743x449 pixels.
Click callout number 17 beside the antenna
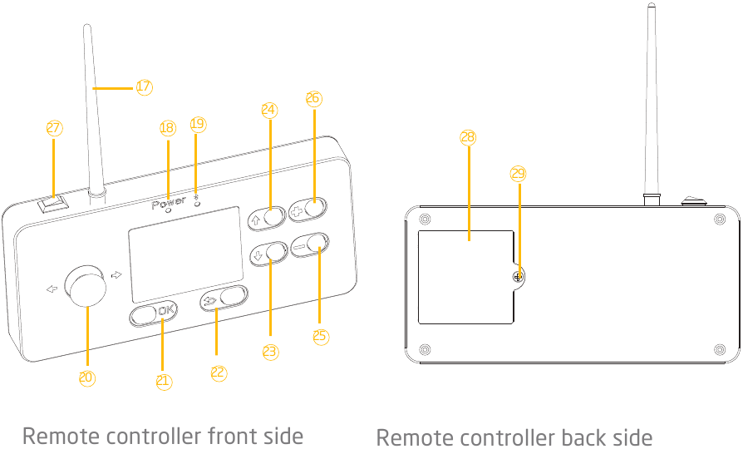coord(144,86)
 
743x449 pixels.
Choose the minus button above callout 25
coord(310,245)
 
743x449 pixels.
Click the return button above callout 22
coord(225,298)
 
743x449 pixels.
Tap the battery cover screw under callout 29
coord(518,276)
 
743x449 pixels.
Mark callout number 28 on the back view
coord(467,137)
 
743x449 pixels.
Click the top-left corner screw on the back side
coord(426,220)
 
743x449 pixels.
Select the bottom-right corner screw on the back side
coord(719,348)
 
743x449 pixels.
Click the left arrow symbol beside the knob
coord(52,289)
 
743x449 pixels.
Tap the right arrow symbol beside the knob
coord(116,274)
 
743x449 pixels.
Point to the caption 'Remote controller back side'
coord(514,437)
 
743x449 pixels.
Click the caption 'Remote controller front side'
coord(162,436)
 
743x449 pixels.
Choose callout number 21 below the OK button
coord(164,381)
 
